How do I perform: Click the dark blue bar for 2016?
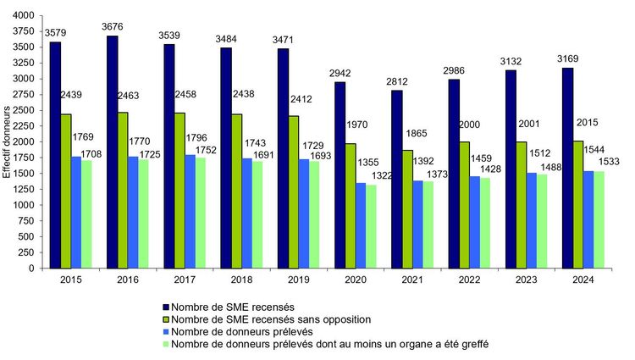pos(113,152)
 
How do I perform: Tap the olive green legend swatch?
pos(165,319)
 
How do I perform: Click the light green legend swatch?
pos(165,344)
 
